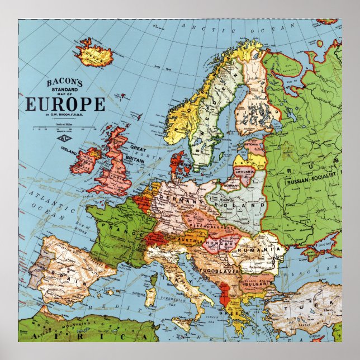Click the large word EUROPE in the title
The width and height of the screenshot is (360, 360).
coord(64,105)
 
